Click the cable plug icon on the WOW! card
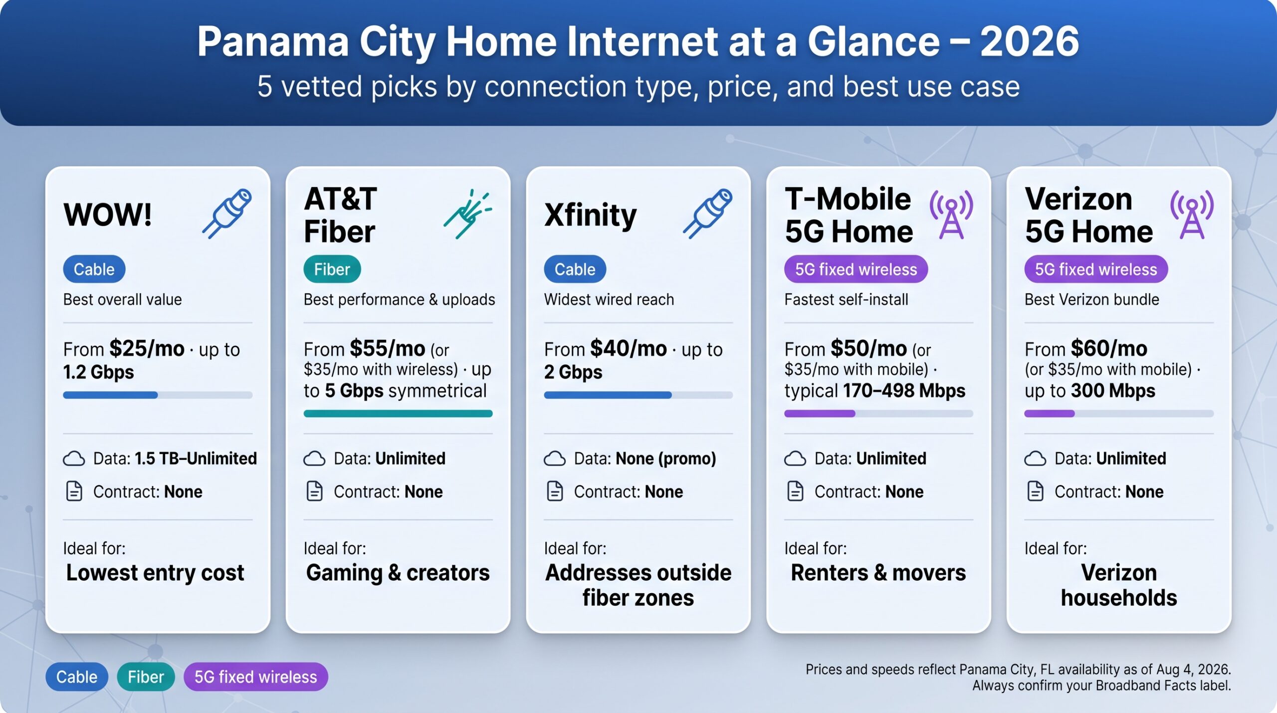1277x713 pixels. coord(227,214)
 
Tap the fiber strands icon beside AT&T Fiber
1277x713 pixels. coord(467,214)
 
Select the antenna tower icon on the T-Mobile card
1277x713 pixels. coord(951,215)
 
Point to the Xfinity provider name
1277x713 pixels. coord(591,216)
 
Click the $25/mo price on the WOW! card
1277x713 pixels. coord(147,348)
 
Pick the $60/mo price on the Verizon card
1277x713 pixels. coord(1109,348)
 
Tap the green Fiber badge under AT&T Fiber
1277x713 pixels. coord(332,269)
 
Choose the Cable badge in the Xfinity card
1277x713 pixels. coord(575,269)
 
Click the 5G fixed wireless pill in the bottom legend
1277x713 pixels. coord(256,677)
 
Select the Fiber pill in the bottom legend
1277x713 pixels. coord(146,677)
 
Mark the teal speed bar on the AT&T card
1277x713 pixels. coord(398,413)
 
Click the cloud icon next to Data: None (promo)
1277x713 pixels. coord(555,459)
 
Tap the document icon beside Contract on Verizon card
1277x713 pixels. coord(1035,491)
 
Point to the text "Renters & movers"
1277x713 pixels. coord(878,573)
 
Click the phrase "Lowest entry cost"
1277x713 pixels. coord(155,573)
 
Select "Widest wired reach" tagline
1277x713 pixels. coord(609,299)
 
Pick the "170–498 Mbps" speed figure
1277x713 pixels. coord(904,391)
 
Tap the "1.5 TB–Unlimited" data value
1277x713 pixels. coord(196,459)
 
